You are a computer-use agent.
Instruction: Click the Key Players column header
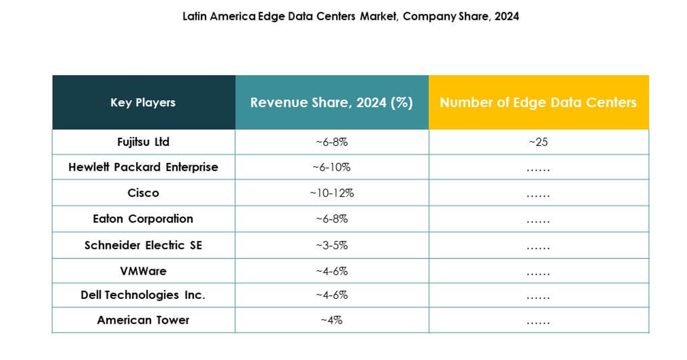143,103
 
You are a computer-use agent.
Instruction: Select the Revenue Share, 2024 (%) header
332,103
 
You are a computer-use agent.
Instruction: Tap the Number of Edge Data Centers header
538,103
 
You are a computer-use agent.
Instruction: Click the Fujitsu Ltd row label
143,142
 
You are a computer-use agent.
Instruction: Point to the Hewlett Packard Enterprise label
143,167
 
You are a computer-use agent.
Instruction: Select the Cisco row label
143,193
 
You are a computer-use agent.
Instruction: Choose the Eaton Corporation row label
143,219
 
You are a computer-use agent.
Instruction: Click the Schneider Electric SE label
143,245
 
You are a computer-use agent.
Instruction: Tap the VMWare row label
143,271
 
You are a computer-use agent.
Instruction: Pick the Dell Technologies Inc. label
143,295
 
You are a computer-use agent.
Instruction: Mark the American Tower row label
143,320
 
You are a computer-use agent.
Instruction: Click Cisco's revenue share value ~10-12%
332,193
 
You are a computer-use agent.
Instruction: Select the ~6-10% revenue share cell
332,167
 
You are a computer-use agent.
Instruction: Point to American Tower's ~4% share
332,320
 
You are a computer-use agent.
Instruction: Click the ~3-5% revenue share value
332,245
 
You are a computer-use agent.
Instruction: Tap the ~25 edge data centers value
538,142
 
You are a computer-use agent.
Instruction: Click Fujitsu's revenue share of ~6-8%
332,142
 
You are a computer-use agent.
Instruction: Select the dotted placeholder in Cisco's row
538,195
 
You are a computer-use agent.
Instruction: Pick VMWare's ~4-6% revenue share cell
332,271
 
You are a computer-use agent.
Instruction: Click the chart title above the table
350,16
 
